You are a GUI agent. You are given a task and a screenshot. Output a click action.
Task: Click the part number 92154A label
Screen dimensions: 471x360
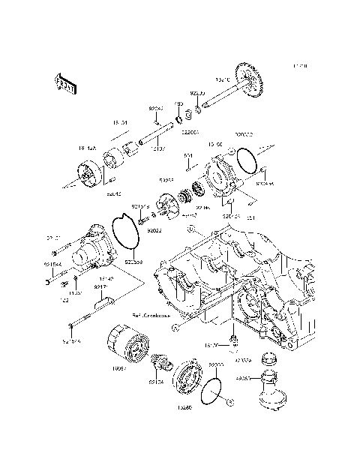click(53, 264)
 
